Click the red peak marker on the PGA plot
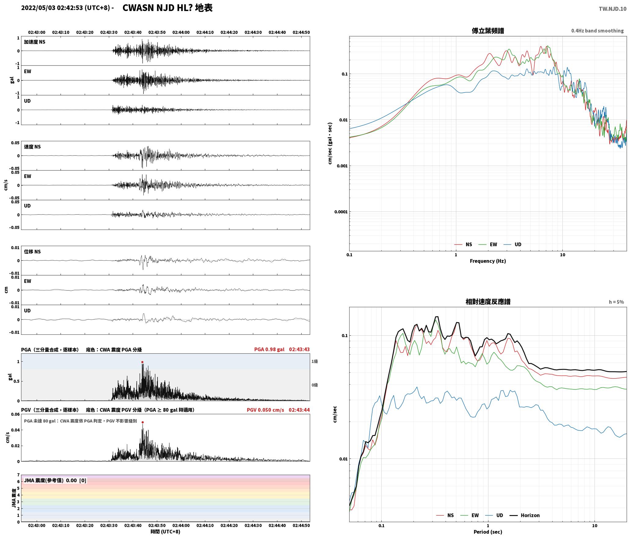[142, 362]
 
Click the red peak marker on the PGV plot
[143, 422]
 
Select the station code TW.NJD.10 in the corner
[613, 9]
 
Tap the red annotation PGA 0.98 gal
[269, 349]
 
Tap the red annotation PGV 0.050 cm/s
[265, 410]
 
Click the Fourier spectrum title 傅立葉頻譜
[488, 31]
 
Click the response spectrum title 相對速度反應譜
[488, 302]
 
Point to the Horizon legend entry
[526, 515]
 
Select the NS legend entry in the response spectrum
[445, 515]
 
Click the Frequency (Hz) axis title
[488, 261]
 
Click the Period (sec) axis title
[488, 532]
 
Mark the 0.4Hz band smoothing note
[597, 31]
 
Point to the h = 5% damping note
[616, 302]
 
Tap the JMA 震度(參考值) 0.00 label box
[55, 480]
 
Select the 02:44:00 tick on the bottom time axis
[181, 525]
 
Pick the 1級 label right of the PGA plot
[315, 361]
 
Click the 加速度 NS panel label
[35, 42]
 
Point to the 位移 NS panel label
[32, 252]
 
